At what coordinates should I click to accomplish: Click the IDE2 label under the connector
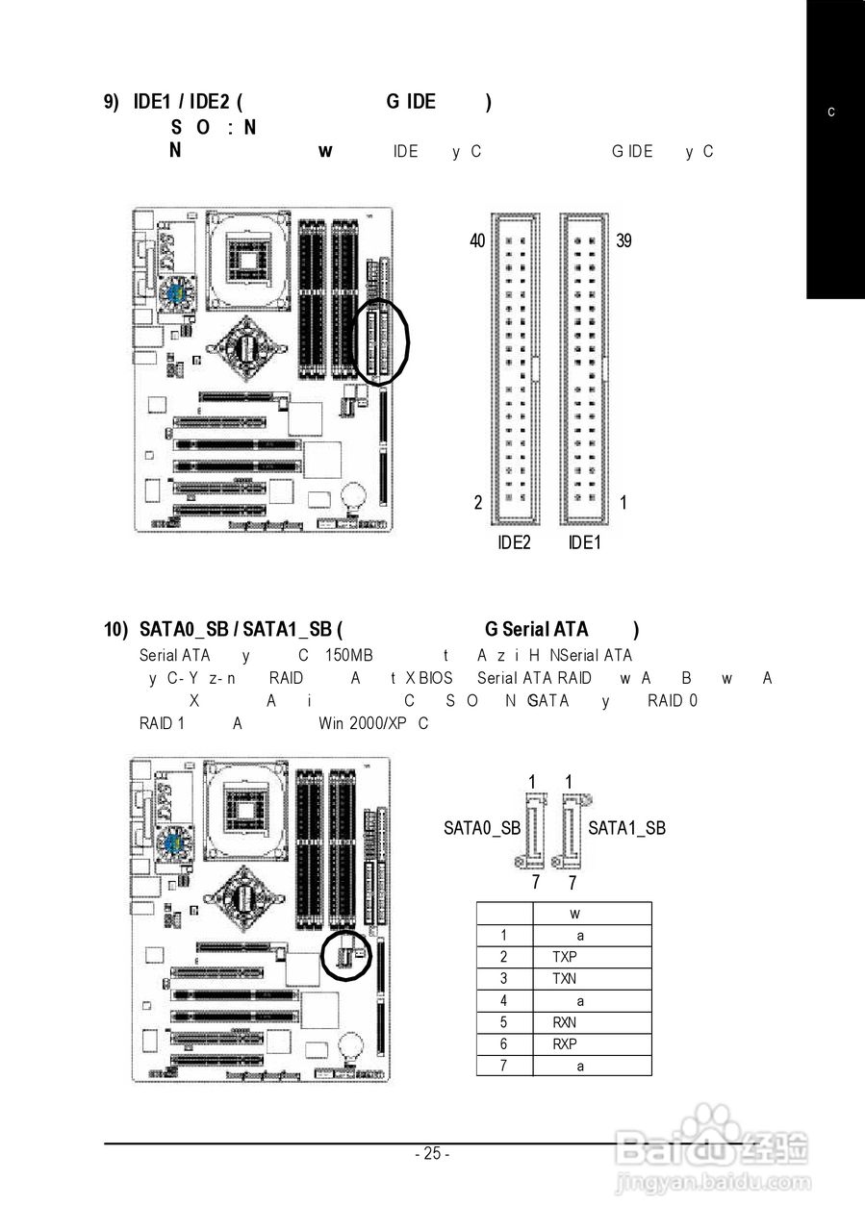point(515,542)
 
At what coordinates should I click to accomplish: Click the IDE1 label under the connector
point(584,542)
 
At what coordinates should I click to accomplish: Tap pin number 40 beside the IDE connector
point(478,240)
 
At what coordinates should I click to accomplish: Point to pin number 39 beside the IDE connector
point(623,240)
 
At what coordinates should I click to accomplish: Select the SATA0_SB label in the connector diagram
point(482,827)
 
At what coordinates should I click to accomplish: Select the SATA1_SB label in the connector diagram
point(626,827)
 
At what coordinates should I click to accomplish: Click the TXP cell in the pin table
point(565,957)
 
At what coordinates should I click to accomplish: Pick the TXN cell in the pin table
point(565,979)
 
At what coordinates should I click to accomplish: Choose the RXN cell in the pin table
point(565,1022)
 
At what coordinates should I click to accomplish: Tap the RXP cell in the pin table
point(565,1044)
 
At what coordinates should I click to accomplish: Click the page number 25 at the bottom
point(432,1154)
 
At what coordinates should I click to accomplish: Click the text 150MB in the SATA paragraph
point(347,656)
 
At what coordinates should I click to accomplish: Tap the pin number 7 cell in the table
point(503,1066)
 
